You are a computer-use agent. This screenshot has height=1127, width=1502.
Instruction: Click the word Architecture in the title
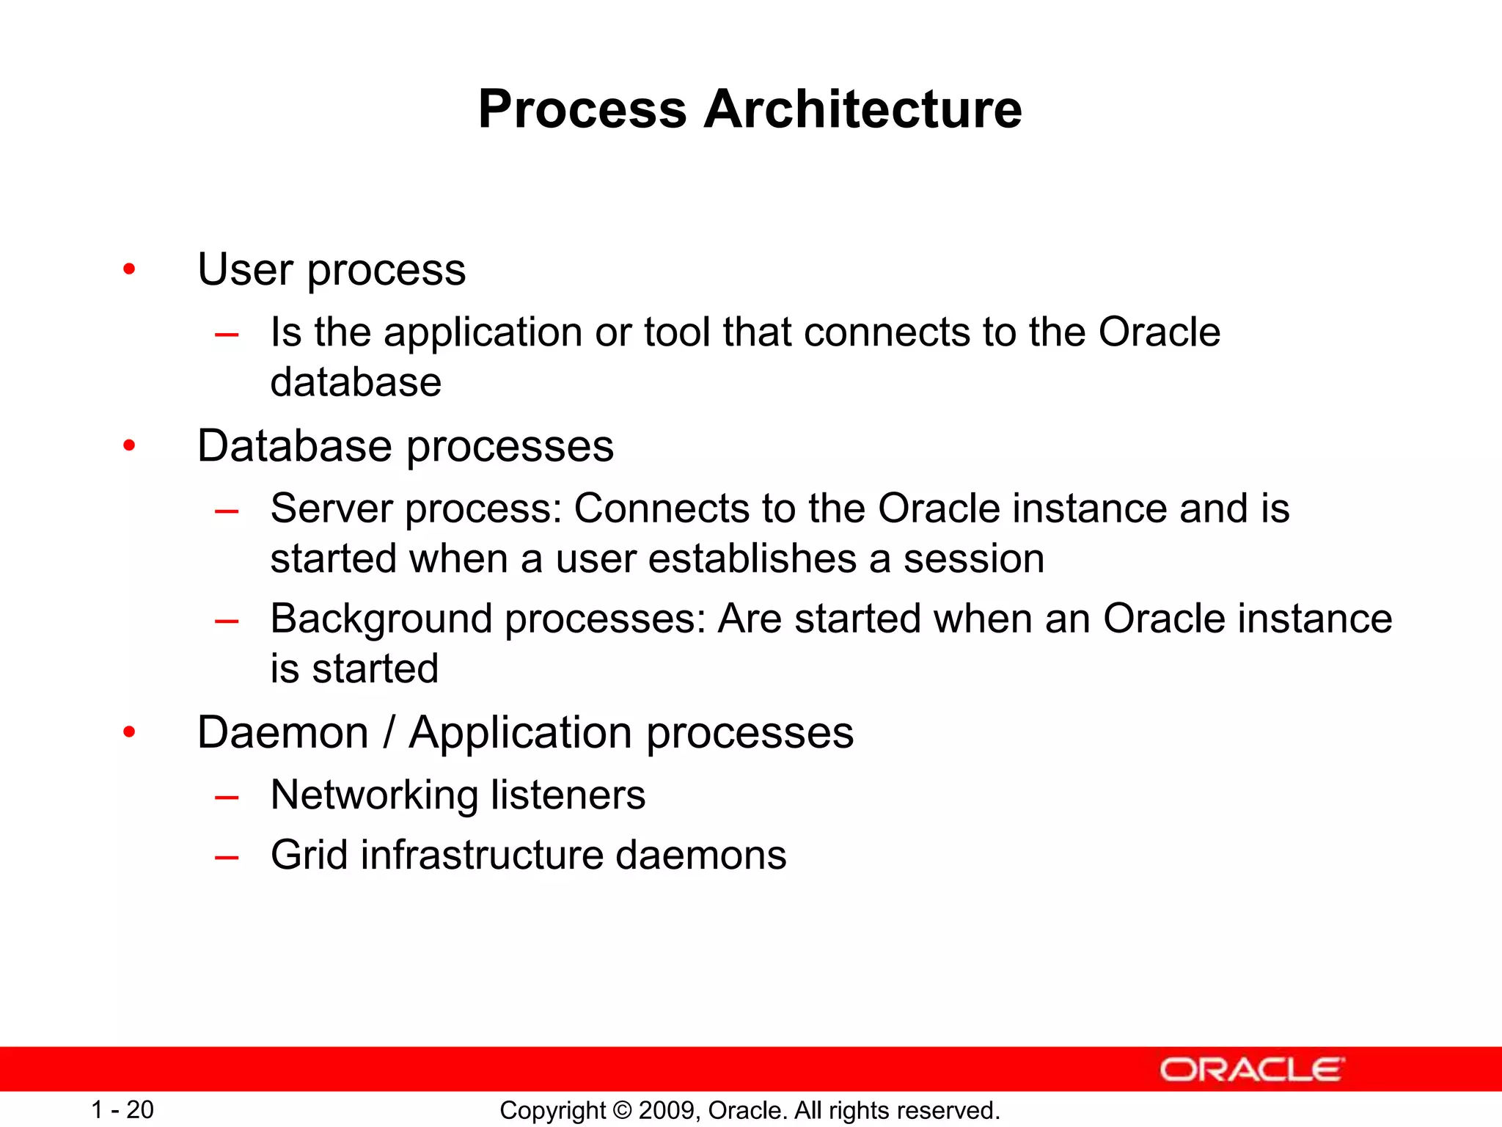862,109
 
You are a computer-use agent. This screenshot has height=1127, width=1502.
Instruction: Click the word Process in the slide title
582,109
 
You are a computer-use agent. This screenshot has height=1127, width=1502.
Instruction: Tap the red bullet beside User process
130,269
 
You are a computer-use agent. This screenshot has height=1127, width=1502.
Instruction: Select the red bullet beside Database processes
130,445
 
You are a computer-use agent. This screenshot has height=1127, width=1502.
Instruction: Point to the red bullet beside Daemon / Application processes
130,732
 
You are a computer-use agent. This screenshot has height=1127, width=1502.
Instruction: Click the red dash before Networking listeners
227,797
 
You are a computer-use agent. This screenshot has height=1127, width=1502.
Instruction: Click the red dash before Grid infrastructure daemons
227,856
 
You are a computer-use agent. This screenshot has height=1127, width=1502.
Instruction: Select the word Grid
309,855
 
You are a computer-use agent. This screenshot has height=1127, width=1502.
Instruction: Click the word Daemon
282,732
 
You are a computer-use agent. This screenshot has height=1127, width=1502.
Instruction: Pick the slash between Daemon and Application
389,732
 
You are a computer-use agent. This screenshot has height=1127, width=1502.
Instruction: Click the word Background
380,619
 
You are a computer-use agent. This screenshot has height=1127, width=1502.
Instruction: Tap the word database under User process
356,382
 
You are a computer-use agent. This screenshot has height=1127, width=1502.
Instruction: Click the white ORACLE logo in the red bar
1252,1070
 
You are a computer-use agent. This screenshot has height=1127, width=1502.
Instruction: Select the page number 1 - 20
122,1109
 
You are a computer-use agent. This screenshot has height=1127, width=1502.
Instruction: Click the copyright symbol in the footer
622,1110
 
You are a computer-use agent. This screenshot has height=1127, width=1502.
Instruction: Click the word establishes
752,559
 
